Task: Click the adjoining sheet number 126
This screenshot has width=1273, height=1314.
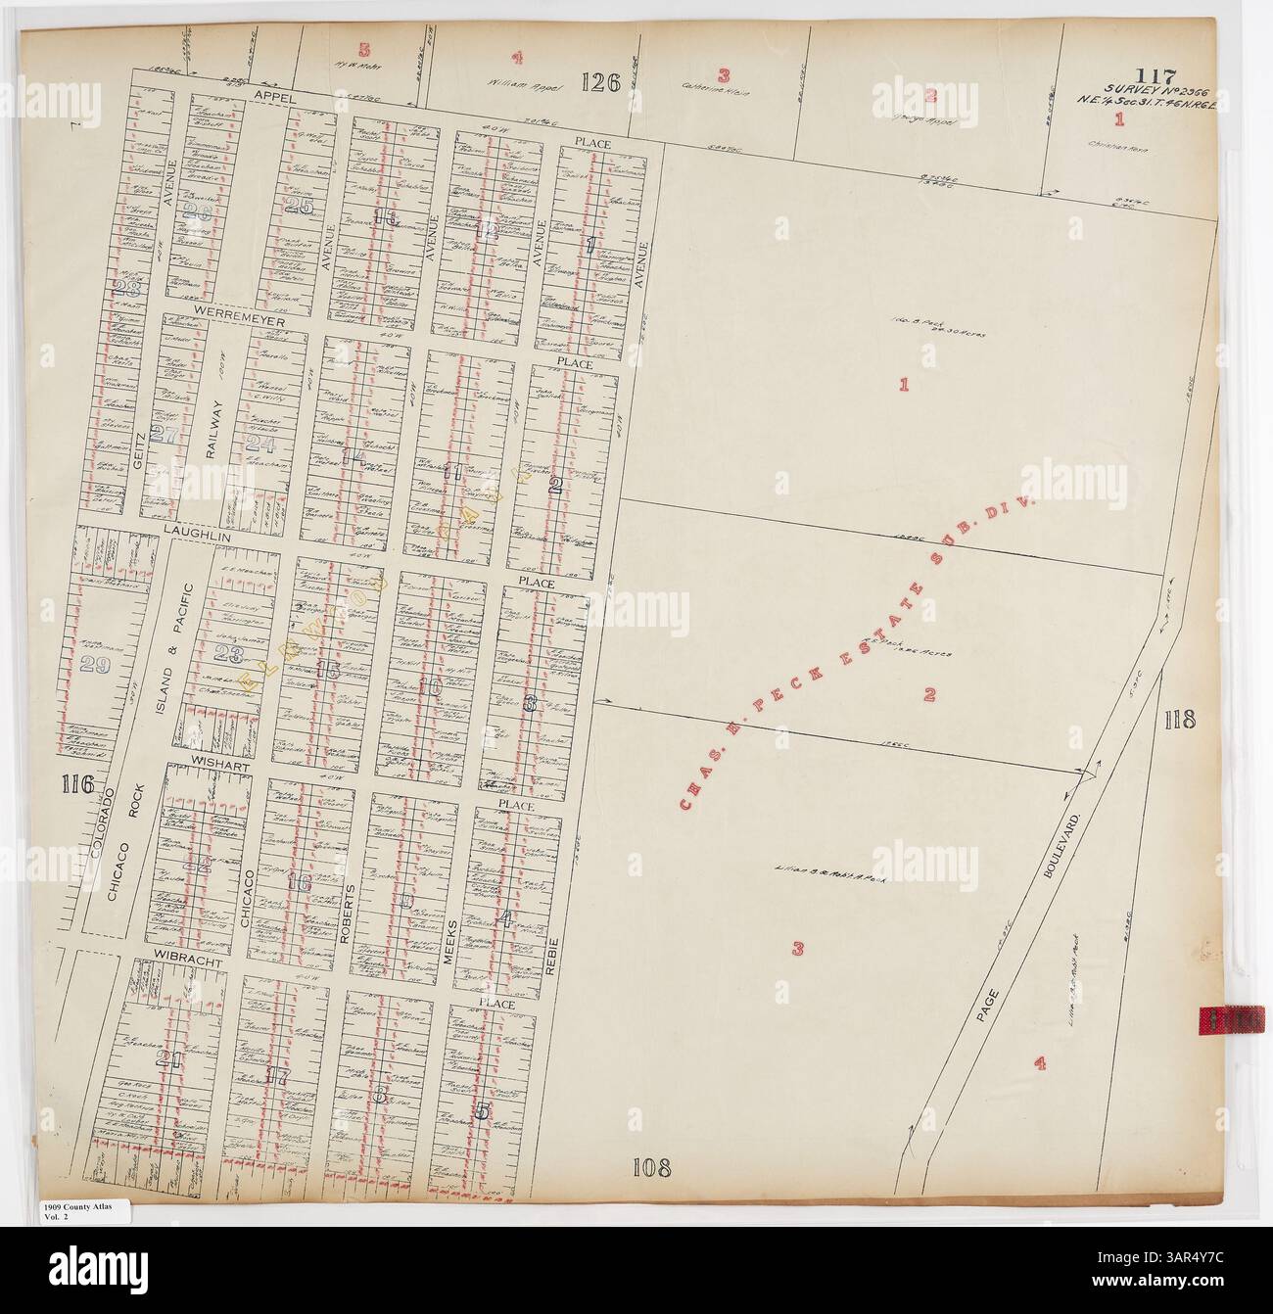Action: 599,83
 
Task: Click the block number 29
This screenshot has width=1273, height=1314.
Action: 95,666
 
